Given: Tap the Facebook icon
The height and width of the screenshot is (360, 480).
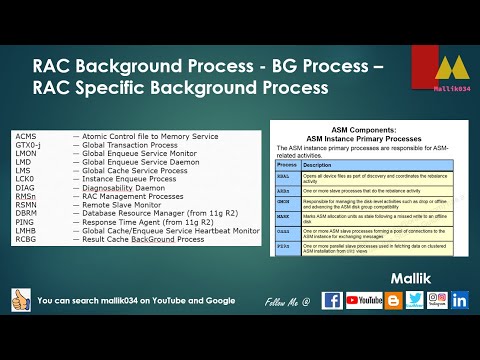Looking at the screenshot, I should [332, 299].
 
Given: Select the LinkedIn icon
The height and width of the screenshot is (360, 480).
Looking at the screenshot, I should [459, 299].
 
